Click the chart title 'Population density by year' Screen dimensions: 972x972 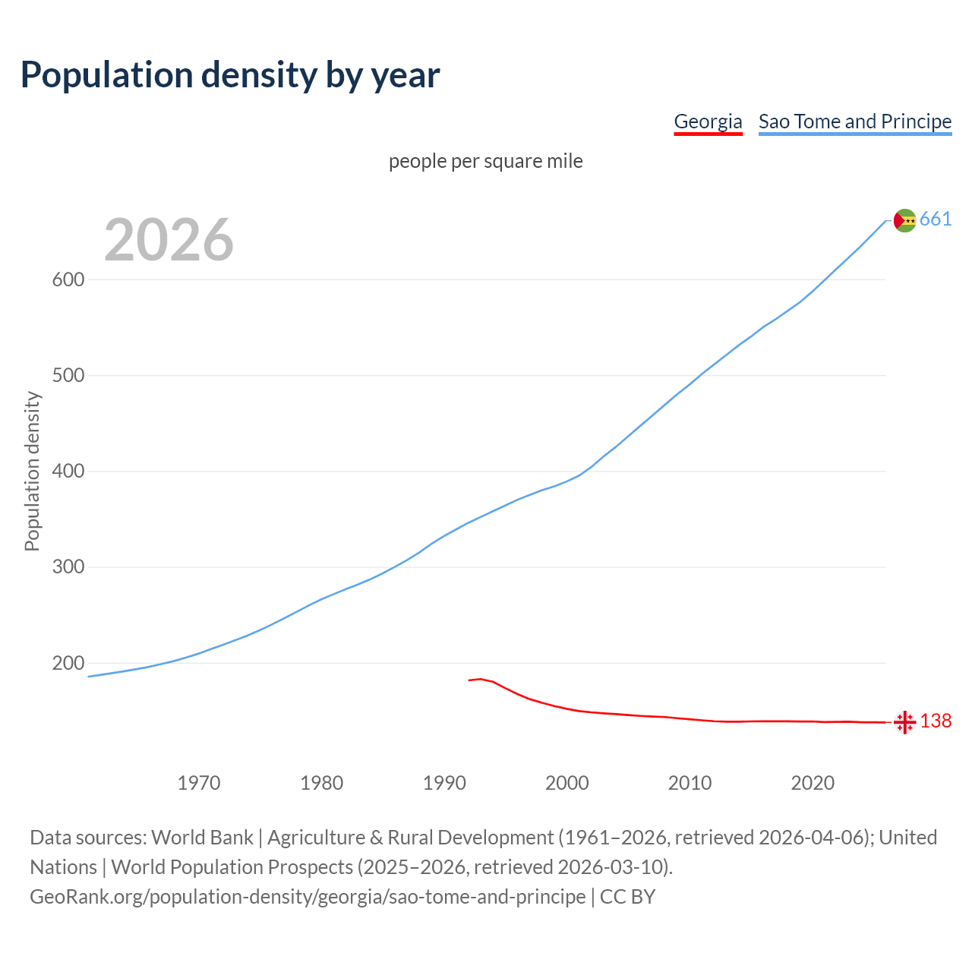click(x=230, y=74)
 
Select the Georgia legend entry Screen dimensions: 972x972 click(x=708, y=121)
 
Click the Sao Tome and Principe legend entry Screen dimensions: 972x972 click(x=855, y=121)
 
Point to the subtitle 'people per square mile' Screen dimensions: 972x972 click(x=486, y=161)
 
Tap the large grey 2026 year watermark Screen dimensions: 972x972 click(x=169, y=240)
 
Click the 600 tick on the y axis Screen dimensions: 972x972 click(x=68, y=279)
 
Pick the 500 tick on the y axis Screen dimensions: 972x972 click(x=68, y=376)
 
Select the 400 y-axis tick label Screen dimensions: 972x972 click(x=68, y=472)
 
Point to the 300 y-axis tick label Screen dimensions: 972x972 click(x=68, y=567)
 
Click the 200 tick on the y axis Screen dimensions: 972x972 click(x=68, y=664)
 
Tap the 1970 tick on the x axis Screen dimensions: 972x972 click(x=199, y=783)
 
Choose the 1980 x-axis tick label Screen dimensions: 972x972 click(x=322, y=783)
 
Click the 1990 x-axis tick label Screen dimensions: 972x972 click(x=444, y=783)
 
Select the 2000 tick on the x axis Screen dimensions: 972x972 click(x=567, y=783)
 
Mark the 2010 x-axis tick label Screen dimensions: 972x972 click(x=690, y=783)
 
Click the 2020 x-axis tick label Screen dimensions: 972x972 click(x=813, y=783)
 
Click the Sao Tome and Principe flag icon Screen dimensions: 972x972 click(x=904, y=220)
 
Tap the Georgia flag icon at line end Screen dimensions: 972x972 click(x=904, y=722)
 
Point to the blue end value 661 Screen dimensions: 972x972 click(x=936, y=219)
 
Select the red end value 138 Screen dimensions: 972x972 click(x=936, y=721)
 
